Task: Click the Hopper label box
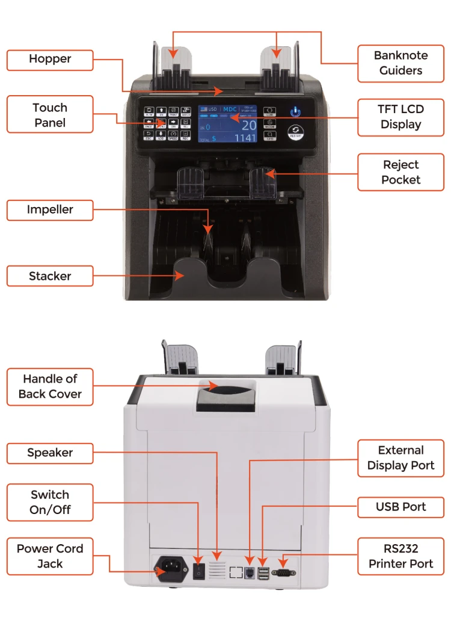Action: pyautogui.click(x=50, y=60)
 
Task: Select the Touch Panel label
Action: pyautogui.click(x=50, y=114)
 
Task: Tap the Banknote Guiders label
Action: pyautogui.click(x=400, y=63)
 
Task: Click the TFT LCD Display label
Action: pyautogui.click(x=400, y=117)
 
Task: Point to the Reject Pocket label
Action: pyautogui.click(x=400, y=172)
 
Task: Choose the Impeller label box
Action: pyautogui.click(x=50, y=210)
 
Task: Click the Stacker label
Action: pyautogui.click(x=50, y=276)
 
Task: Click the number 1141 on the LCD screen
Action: pyautogui.click(x=245, y=138)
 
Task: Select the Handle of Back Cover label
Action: pyautogui.click(x=50, y=386)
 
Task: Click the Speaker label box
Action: pyautogui.click(x=50, y=453)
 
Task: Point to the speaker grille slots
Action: pyautogui.click(x=217, y=569)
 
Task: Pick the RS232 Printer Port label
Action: pyautogui.click(x=400, y=557)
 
